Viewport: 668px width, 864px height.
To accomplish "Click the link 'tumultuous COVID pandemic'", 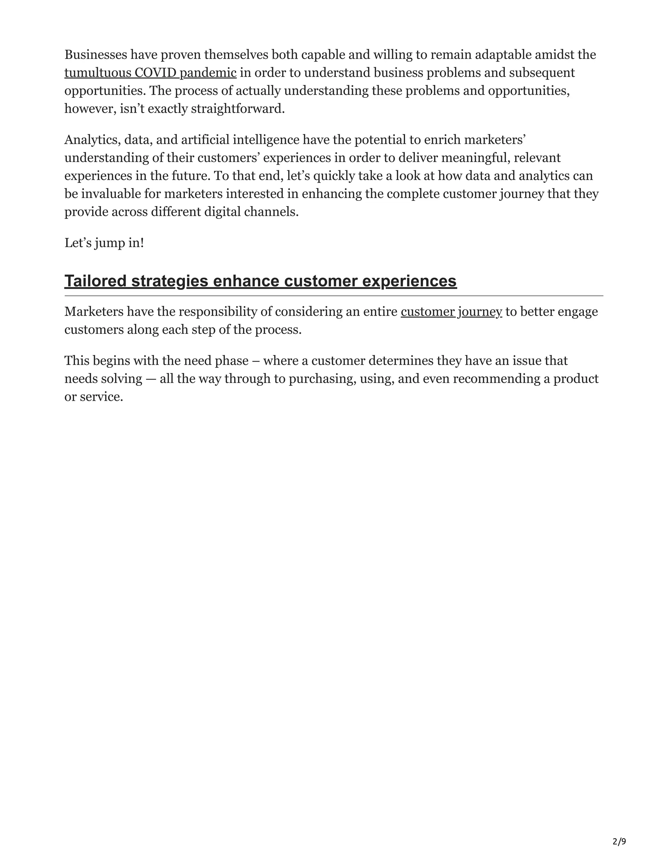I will tap(150, 73).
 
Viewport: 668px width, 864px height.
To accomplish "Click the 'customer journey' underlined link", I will tap(451, 312).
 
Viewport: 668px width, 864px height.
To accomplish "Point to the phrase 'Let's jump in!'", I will tap(104, 243).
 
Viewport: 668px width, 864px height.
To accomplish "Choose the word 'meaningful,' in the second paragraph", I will tap(475, 158).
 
